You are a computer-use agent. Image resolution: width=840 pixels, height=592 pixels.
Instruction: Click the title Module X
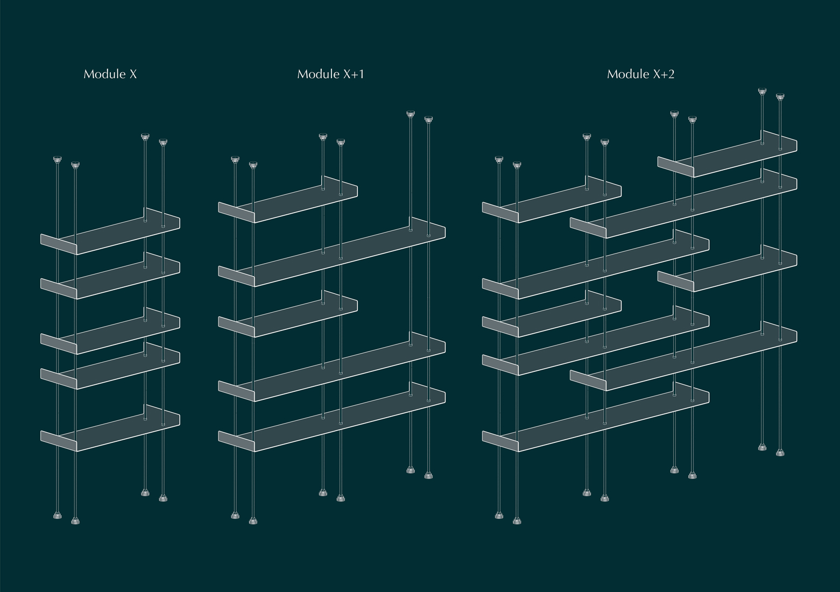(x=110, y=74)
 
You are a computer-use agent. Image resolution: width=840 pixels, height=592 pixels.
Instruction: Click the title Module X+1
(x=330, y=74)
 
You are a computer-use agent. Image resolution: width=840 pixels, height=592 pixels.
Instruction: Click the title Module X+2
(x=640, y=74)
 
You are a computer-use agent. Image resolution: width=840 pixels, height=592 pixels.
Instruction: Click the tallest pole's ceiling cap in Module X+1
(x=411, y=114)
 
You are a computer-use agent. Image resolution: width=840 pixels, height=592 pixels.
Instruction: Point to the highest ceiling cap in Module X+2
(x=762, y=91)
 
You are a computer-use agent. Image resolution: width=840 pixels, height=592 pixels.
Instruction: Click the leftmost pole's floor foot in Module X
(x=58, y=516)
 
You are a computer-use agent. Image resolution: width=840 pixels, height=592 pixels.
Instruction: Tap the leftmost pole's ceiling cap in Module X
(x=58, y=160)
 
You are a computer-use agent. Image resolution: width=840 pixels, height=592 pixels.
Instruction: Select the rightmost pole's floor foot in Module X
(x=163, y=498)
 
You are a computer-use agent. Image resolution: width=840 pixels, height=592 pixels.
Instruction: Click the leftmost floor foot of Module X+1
(x=235, y=516)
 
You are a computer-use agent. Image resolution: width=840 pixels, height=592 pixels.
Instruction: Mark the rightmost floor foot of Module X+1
(x=428, y=475)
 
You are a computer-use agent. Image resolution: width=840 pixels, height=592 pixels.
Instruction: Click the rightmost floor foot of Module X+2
(x=780, y=453)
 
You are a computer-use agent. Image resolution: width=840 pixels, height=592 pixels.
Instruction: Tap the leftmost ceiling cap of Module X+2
(x=499, y=160)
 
